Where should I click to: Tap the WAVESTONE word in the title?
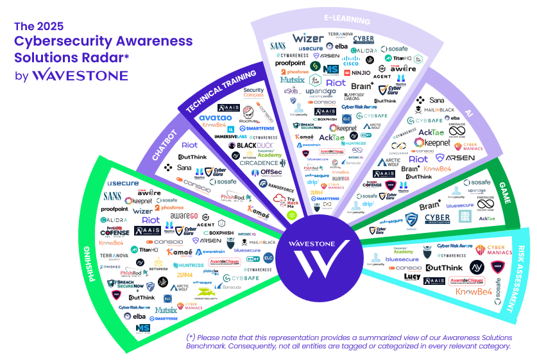[x=80, y=75]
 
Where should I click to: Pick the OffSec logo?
[x=271, y=172]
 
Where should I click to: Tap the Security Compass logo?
[x=253, y=93]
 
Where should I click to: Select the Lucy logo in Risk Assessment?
[x=412, y=277]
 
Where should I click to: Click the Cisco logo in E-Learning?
[x=350, y=62]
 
